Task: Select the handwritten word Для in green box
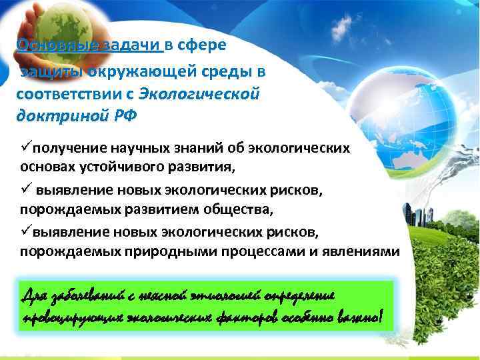pyautogui.click(x=35, y=295)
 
